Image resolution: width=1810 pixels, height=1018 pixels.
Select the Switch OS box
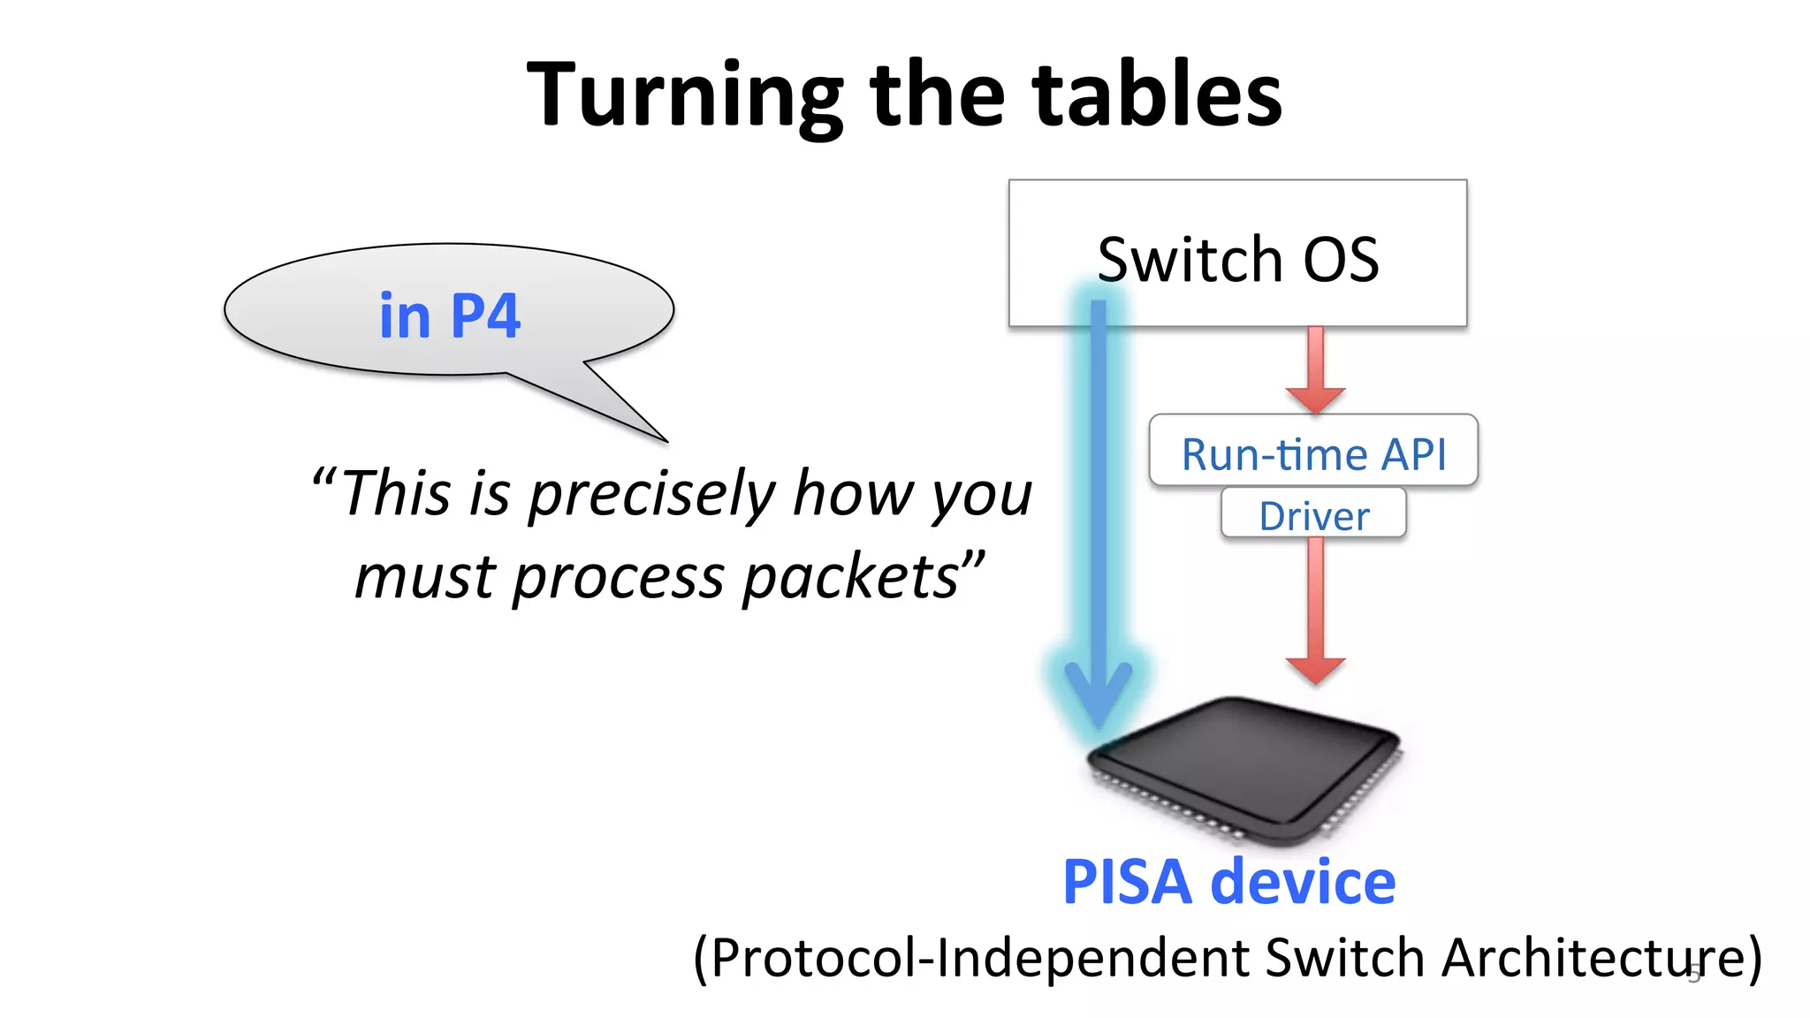coord(1237,254)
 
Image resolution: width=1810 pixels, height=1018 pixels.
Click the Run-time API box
coord(1313,452)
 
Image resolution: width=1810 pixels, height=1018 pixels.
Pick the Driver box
coord(1313,514)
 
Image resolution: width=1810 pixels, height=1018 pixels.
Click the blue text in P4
coord(450,315)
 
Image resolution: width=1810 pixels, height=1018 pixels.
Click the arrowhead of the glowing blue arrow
coord(1099,695)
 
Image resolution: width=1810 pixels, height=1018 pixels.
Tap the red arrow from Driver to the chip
coord(1316,610)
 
